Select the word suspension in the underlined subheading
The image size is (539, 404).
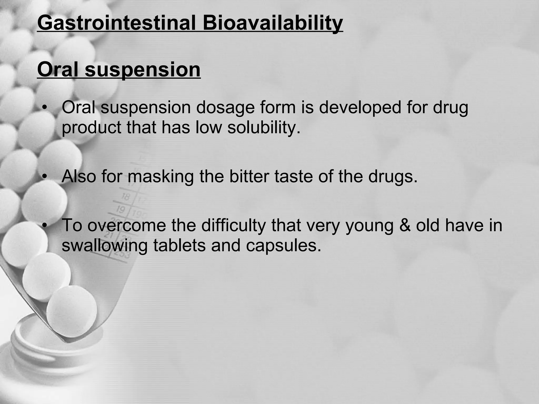tap(143, 69)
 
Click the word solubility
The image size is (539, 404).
tap(263, 127)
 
